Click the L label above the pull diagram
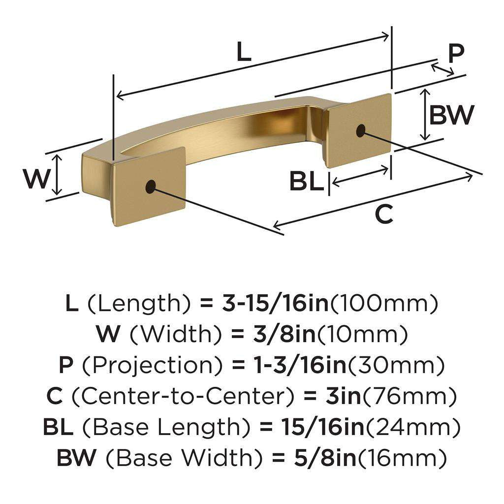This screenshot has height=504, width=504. [244, 52]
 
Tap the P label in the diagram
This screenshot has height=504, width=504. [456, 53]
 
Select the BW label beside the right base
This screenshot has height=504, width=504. [451, 116]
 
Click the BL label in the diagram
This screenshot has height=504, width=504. [306, 181]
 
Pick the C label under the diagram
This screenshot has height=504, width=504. [384, 215]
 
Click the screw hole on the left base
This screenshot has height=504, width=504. [150, 186]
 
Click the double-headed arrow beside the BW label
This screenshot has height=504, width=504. [425, 115]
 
